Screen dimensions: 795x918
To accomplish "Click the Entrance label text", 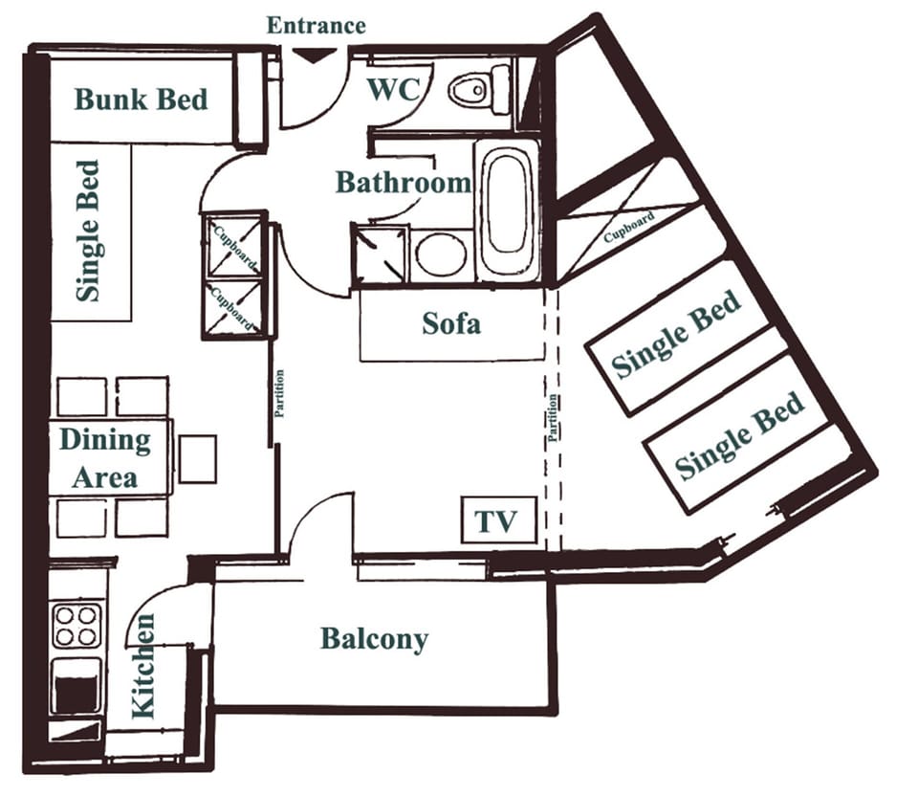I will (x=316, y=25).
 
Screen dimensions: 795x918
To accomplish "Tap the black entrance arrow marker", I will (x=308, y=55).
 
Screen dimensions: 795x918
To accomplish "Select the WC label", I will (x=394, y=91).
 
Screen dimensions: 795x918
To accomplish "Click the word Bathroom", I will (x=403, y=183).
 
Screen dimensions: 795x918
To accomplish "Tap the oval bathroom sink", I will (x=441, y=254).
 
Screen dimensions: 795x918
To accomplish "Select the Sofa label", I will (x=451, y=324).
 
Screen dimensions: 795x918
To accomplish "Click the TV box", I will (x=497, y=521).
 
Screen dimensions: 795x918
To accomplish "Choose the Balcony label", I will (x=374, y=639).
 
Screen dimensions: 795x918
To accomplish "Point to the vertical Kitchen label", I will (x=142, y=666).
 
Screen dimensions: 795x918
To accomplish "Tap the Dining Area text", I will (x=105, y=458).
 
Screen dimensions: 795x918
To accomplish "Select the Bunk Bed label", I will (x=141, y=99).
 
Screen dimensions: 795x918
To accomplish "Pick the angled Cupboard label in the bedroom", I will (x=630, y=226).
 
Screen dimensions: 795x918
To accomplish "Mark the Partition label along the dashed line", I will (x=552, y=418).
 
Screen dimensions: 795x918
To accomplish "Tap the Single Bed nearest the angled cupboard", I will (x=677, y=335).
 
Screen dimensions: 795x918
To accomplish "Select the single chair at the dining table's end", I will (x=197, y=458).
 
